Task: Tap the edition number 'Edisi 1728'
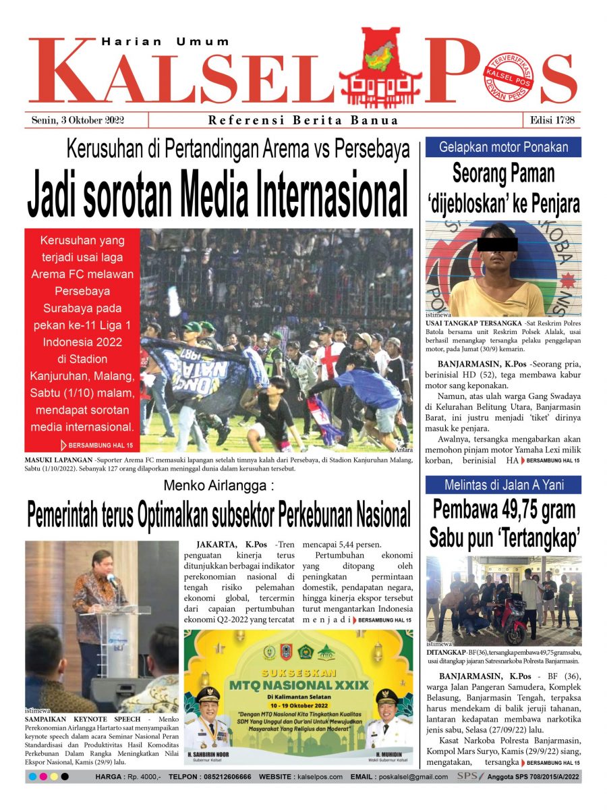click(552, 120)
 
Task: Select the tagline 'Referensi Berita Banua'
click(303, 121)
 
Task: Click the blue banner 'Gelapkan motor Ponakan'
click(503, 147)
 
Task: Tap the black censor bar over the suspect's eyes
click(497, 244)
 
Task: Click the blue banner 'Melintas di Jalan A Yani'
click(503, 485)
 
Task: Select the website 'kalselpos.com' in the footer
click(319, 777)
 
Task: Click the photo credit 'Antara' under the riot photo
click(403, 450)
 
